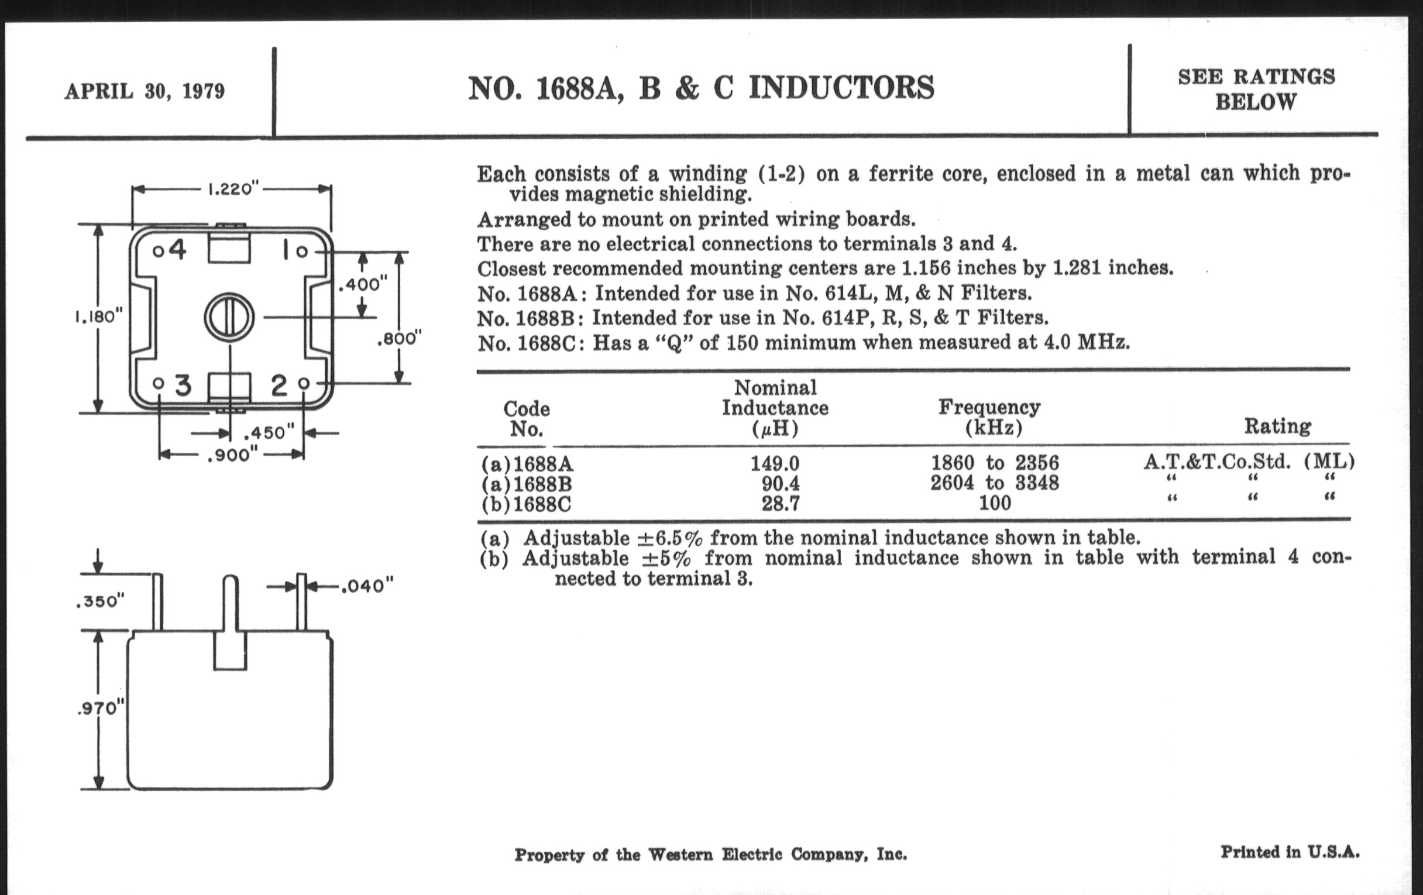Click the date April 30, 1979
click(145, 92)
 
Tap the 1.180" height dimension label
click(99, 317)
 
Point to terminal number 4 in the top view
click(177, 250)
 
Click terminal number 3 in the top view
click(183, 385)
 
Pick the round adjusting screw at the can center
click(229, 318)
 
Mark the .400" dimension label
click(363, 285)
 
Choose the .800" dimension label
click(400, 339)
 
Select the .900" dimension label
click(232, 456)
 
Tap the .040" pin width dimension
click(367, 586)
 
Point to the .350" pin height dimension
click(101, 601)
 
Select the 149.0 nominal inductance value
click(775, 463)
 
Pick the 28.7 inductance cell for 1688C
click(780, 504)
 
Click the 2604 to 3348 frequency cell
click(995, 483)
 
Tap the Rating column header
click(1278, 426)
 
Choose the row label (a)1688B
click(527, 484)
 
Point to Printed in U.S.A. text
click(1290, 852)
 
